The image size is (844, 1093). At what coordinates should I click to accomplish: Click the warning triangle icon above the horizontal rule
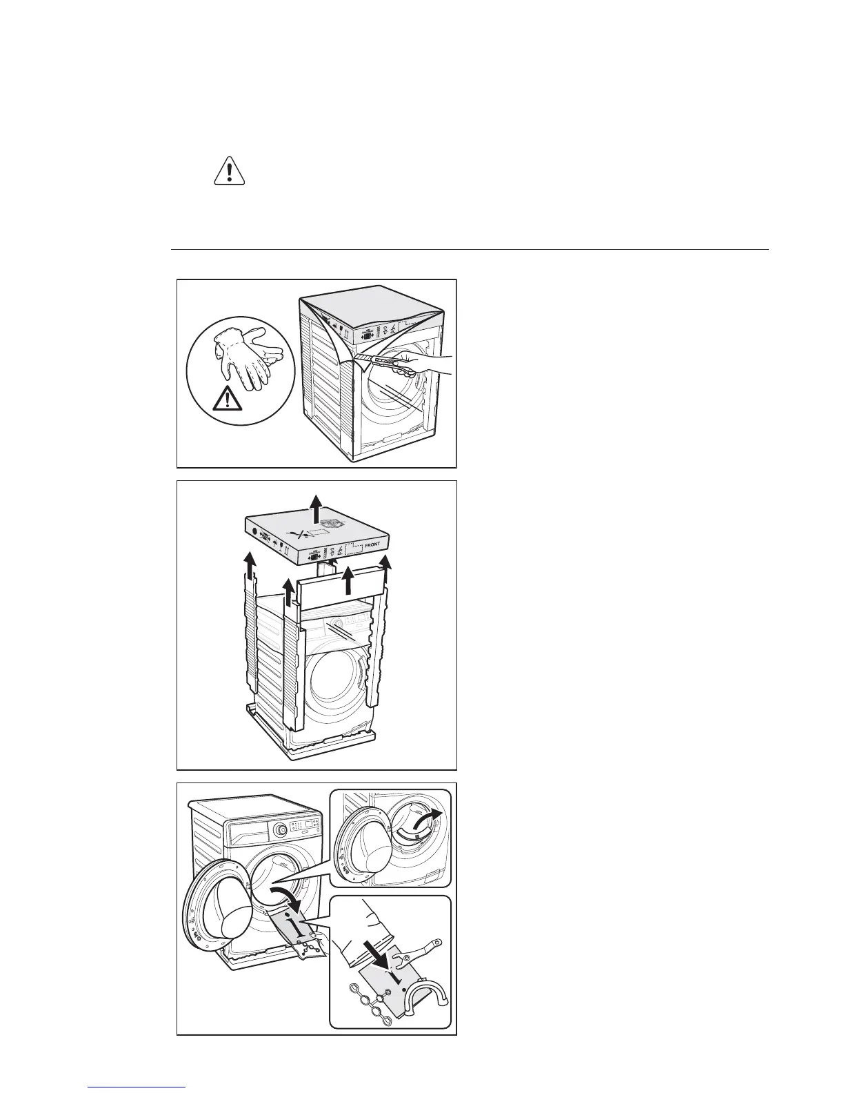230,171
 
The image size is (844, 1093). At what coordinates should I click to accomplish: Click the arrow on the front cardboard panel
349,580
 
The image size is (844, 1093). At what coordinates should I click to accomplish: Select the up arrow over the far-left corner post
249,563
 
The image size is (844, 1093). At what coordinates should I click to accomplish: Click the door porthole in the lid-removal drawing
336,682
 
